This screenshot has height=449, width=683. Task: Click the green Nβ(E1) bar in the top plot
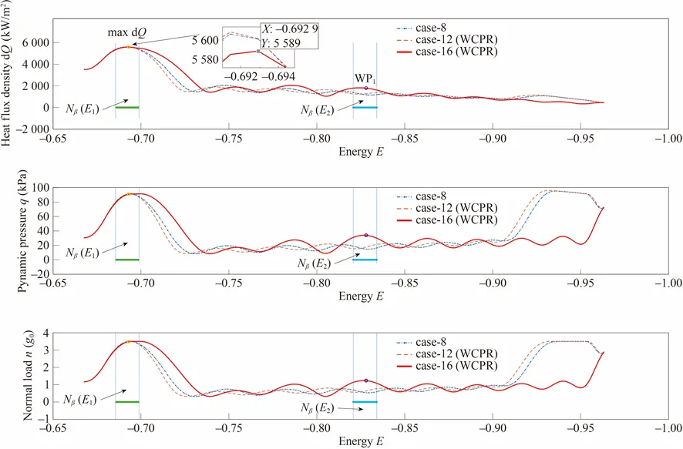click(x=127, y=107)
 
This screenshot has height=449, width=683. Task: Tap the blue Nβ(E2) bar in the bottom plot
click(x=365, y=402)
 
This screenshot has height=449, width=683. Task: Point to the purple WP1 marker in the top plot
click(x=365, y=88)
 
